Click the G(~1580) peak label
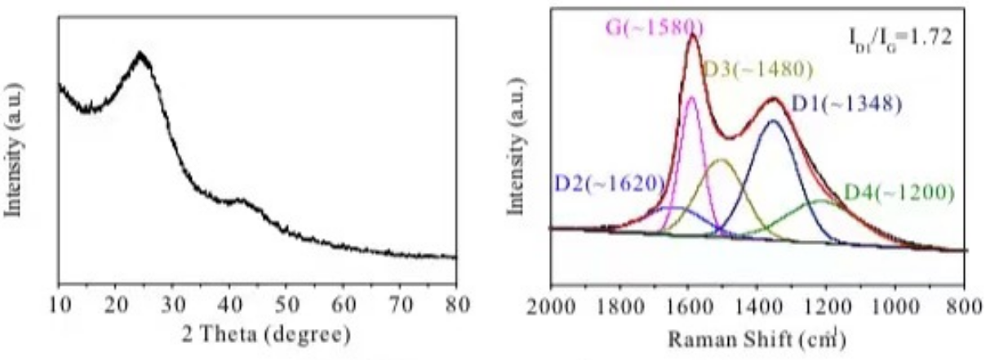click(653, 27)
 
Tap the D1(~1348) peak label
click(846, 104)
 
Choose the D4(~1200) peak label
click(899, 193)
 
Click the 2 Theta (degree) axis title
click(256, 335)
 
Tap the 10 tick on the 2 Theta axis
click(59, 306)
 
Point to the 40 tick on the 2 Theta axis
click(229, 306)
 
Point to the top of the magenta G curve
click(692, 97)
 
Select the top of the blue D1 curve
click(774, 121)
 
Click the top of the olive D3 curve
click(721, 160)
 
